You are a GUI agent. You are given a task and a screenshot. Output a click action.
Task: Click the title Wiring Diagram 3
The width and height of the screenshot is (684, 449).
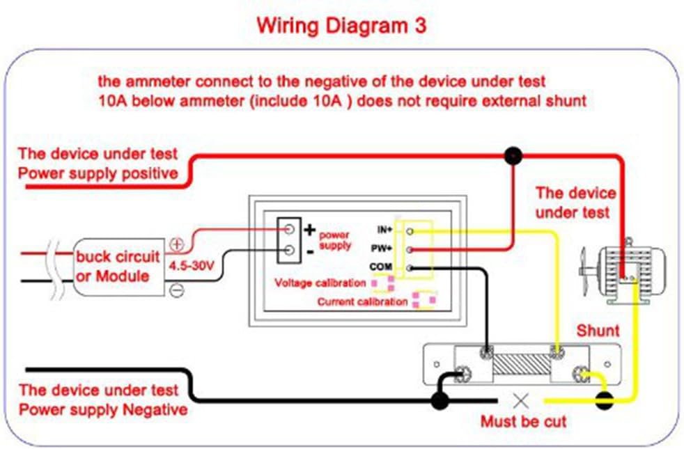click(341, 26)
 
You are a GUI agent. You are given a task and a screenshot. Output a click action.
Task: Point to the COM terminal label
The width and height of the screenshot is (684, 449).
click(383, 266)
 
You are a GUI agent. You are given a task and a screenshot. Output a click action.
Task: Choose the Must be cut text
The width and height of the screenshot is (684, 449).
click(523, 421)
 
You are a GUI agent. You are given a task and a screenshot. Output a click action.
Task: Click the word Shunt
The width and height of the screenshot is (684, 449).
click(597, 331)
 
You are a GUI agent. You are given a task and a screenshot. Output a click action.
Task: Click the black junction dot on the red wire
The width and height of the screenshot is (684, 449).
click(513, 155)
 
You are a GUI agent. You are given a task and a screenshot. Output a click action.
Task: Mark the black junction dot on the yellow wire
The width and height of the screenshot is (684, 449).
click(603, 400)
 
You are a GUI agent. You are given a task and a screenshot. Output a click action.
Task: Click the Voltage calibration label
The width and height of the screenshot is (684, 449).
click(320, 283)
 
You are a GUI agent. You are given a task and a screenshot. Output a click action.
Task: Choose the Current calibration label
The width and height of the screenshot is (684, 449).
click(362, 301)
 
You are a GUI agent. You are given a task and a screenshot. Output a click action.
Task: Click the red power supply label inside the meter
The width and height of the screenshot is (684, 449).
click(334, 240)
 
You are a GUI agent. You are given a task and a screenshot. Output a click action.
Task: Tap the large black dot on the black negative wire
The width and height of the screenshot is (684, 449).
click(439, 400)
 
